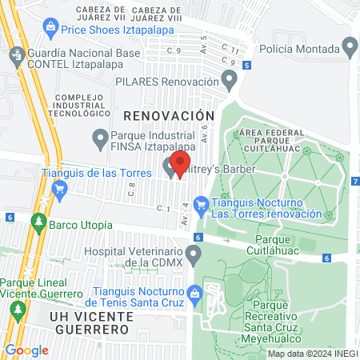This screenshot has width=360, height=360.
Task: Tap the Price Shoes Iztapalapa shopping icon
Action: coord(51,29)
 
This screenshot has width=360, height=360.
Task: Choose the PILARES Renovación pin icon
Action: coord(229,81)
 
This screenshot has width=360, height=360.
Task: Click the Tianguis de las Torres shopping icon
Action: coord(58,188)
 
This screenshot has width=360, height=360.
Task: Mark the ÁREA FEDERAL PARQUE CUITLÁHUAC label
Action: coord(274,138)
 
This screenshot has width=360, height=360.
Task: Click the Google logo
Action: coord(27,350)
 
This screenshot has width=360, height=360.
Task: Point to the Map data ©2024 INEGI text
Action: coord(312,354)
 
